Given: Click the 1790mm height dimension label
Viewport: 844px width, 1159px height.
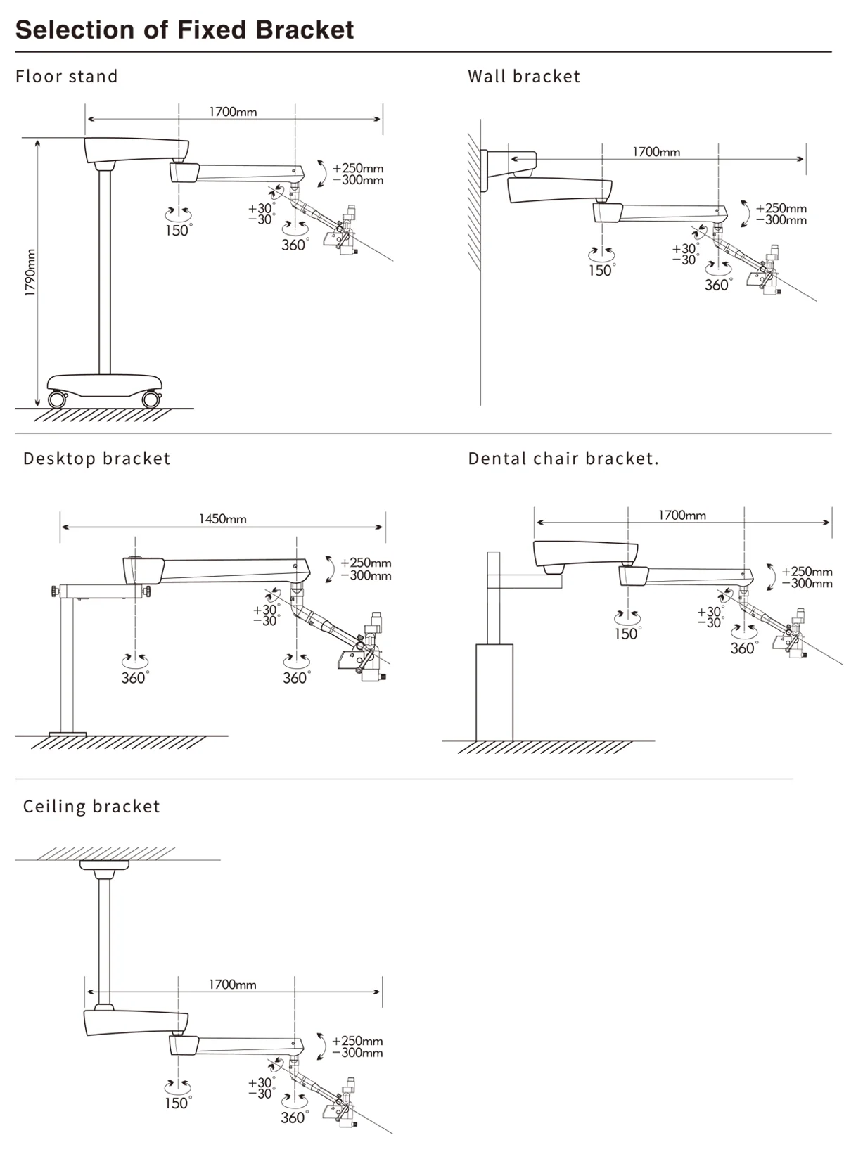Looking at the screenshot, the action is tap(30, 272).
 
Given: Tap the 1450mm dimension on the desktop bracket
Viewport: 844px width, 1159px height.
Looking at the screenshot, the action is tap(222, 518).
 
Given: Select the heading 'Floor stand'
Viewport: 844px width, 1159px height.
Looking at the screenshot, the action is tap(66, 76).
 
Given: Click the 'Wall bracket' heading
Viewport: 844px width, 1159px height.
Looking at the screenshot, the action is tap(524, 76).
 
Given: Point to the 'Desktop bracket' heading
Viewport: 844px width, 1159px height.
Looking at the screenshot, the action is tap(97, 459).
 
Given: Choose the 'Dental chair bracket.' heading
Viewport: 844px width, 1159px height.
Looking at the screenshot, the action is tap(563, 459).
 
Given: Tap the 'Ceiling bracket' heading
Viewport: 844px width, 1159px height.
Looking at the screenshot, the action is tap(91, 806).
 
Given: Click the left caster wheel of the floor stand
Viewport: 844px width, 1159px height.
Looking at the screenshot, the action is tap(57, 399).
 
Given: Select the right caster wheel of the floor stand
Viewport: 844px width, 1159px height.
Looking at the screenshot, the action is tap(151, 399).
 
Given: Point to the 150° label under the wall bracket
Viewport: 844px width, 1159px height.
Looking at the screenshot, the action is tap(602, 270).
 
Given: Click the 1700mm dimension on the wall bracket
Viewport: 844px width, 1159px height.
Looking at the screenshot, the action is tap(656, 152).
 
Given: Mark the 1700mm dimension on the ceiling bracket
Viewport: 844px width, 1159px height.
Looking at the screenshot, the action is tap(232, 984).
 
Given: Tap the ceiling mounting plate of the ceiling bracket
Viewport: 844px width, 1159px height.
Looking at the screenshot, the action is tap(105, 864).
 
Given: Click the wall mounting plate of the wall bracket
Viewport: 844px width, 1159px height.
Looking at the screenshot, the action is tap(484, 171).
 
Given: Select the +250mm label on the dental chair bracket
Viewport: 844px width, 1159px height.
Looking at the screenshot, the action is tap(807, 571).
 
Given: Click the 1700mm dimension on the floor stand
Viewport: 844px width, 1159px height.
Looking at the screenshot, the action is tap(233, 112).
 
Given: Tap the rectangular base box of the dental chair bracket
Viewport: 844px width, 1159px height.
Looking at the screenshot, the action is tap(494, 692).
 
